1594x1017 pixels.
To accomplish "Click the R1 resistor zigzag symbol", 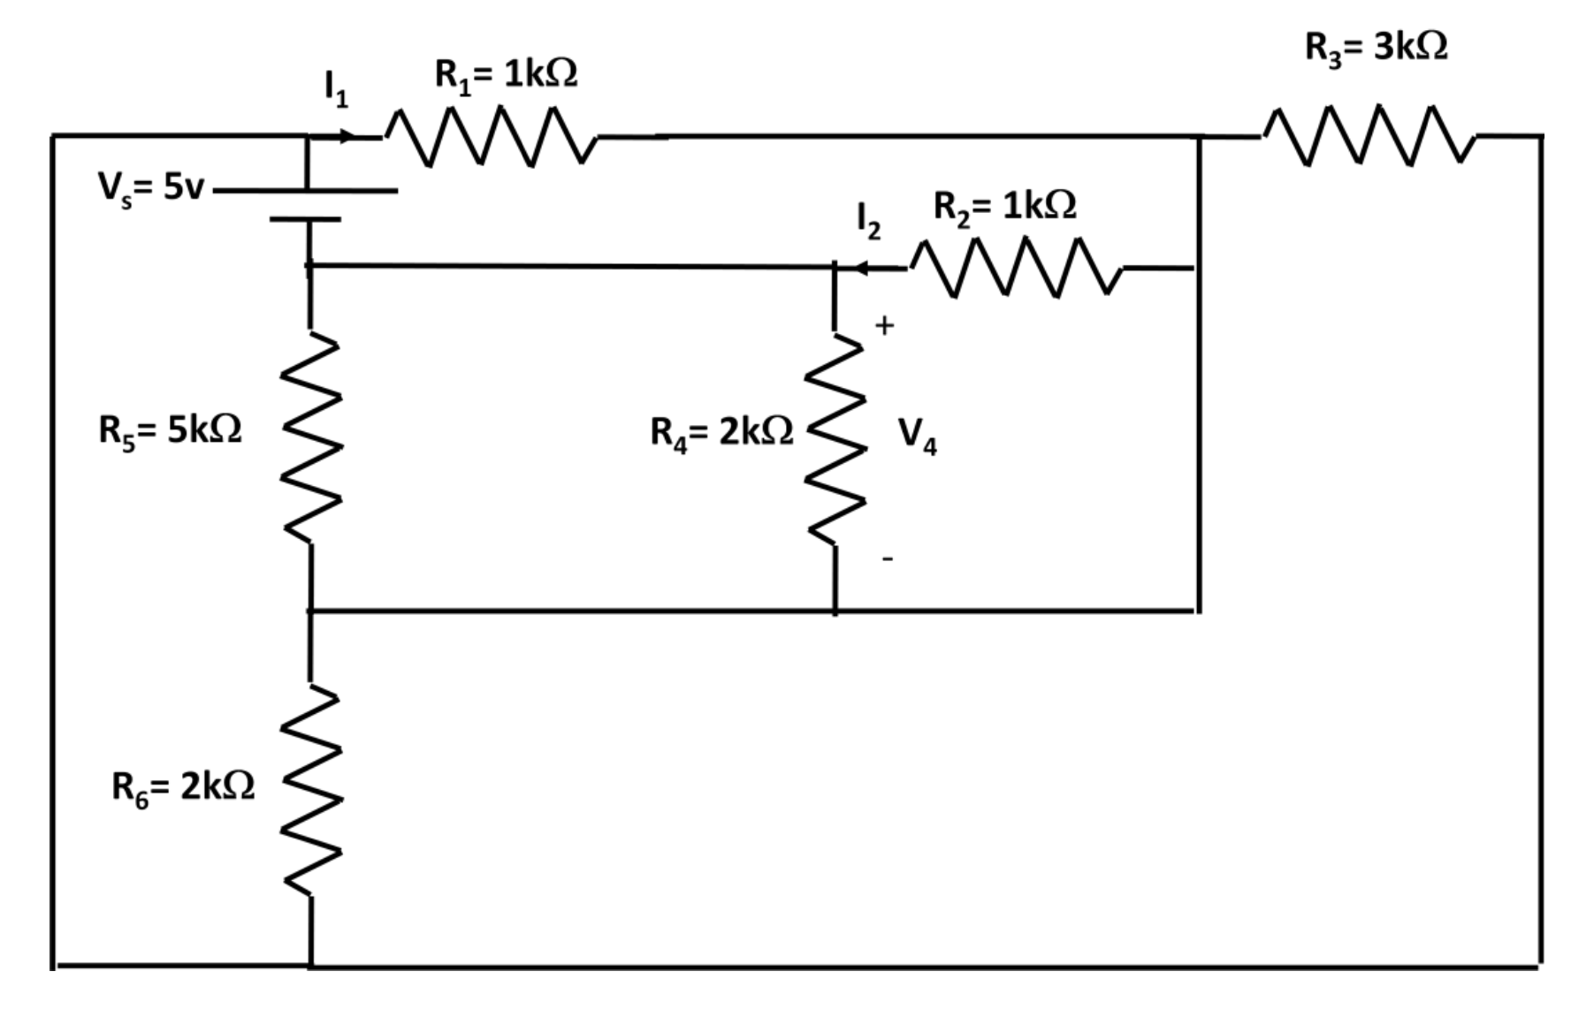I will click(491, 137).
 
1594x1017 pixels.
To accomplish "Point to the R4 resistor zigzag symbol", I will click(834, 439).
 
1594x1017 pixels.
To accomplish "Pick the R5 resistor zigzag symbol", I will click(310, 437).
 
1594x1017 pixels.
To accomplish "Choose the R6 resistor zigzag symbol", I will click(310, 789).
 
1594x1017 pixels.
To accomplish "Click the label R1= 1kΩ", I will click(506, 75).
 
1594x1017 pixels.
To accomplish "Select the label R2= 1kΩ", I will click(1005, 207).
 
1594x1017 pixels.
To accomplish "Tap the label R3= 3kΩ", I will click(1376, 48).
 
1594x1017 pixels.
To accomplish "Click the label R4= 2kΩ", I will click(721, 432).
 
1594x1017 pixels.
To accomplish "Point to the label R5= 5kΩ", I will click(170, 431).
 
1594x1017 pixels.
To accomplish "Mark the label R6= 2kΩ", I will click(183, 786).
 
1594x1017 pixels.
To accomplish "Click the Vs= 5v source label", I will click(150, 187).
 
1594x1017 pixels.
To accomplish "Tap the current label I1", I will click(335, 88).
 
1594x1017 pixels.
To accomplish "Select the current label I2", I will click(868, 220).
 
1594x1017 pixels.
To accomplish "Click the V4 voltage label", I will click(917, 435).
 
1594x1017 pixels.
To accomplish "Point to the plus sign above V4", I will click(884, 326).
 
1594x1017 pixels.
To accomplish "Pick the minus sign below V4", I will click(887, 558).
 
